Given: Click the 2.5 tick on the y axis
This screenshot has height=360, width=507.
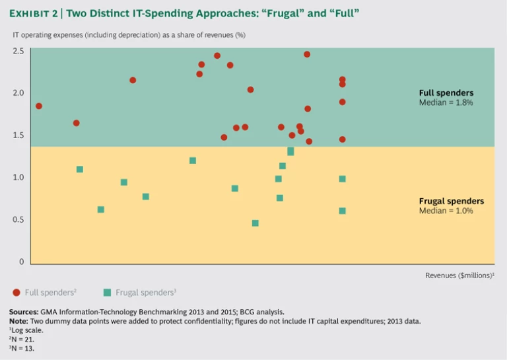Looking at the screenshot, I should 18,50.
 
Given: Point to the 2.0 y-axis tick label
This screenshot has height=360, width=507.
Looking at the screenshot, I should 18,92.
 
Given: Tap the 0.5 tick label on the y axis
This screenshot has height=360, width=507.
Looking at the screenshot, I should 18,219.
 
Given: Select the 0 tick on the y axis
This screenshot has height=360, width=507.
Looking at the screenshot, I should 21,262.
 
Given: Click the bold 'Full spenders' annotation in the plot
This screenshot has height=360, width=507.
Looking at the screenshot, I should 446,93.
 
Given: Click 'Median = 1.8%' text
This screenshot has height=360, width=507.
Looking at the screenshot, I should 446,103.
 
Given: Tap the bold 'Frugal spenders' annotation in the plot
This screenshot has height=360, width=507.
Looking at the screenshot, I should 451,201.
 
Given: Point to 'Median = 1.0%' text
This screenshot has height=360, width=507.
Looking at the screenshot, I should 446,211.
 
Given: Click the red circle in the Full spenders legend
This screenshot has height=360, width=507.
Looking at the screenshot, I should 16,291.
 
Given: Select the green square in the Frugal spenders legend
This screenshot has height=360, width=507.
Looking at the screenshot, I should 107,291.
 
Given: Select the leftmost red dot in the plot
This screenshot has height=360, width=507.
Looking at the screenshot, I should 39,106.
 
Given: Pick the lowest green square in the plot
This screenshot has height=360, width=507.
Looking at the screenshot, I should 255,223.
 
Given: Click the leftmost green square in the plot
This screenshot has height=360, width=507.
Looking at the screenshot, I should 80,169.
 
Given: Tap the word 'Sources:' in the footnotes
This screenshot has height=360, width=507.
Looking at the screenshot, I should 24,311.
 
